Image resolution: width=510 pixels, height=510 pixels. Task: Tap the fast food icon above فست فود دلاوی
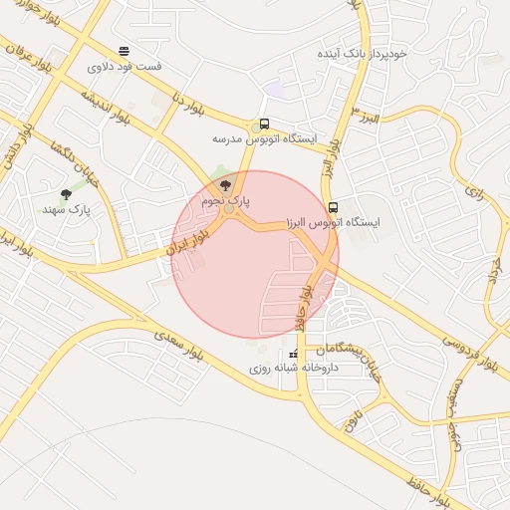(x=124, y=51)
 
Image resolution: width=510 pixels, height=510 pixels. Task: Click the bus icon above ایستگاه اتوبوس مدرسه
(x=264, y=125)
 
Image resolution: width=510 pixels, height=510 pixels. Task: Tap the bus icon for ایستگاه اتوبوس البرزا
(x=333, y=208)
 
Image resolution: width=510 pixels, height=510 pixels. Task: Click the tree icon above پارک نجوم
(x=225, y=185)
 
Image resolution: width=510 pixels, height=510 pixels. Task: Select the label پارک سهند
(x=67, y=210)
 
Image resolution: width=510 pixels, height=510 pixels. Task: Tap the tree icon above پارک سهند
(x=67, y=194)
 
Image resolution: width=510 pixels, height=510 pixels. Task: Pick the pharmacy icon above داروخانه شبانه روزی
(x=293, y=355)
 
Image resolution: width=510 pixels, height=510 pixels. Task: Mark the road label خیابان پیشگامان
(x=349, y=350)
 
